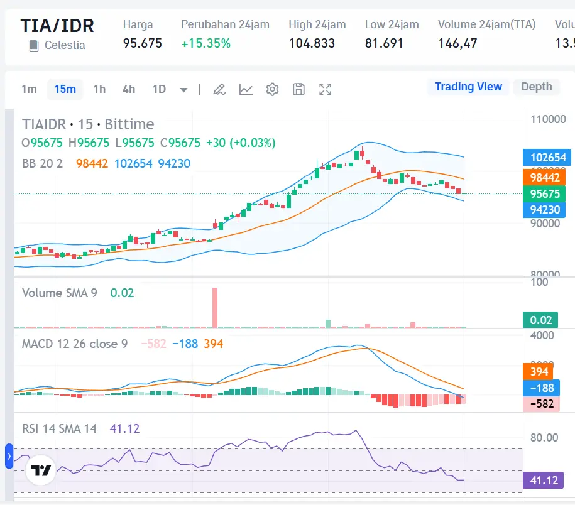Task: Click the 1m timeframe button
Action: pos(29,89)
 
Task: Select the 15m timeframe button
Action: pos(65,89)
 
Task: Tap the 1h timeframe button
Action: pos(99,89)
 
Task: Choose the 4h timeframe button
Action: pos(129,89)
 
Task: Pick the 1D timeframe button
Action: pos(159,89)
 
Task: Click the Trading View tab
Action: pos(468,87)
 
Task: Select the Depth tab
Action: pos(536,87)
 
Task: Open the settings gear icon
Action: pos(272,89)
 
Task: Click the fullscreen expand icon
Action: pos(325,89)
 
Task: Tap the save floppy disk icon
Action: pos(298,89)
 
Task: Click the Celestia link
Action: pos(64,45)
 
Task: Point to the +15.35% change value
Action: pos(205,43)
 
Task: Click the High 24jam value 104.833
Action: pos(312,43)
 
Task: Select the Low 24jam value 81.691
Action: pos(384,43)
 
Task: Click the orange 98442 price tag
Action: pos(544,178)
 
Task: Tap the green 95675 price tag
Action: pos(544,194)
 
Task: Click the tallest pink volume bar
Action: pos(215,307)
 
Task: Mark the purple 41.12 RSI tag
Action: pos(544,481)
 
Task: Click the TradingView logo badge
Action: pos(41,471)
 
